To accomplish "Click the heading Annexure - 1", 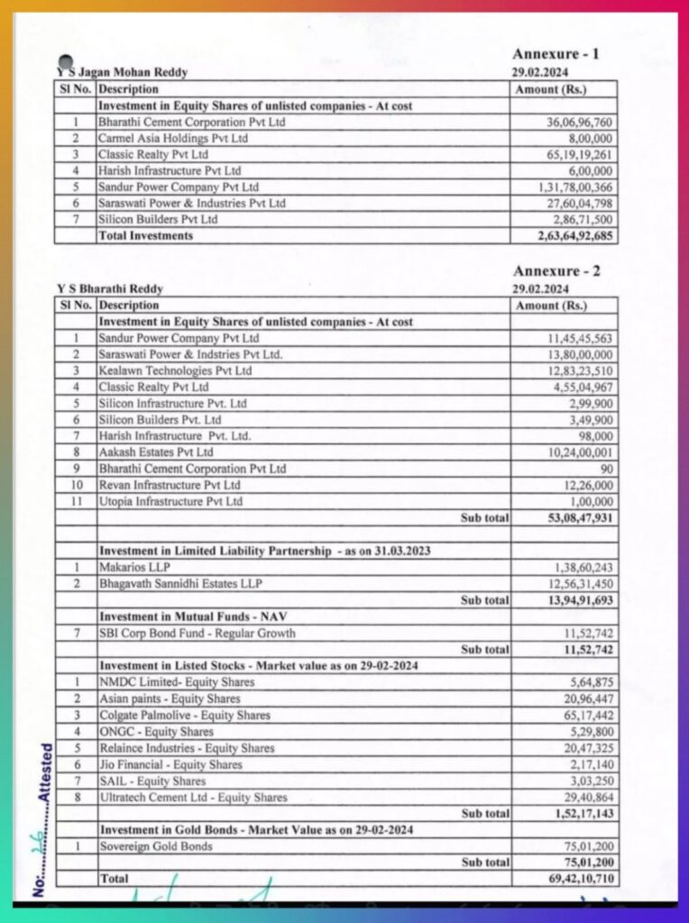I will tap(556, 54).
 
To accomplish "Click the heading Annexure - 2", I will tap(556, 271).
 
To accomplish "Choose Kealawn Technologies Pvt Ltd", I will tap(175, 370).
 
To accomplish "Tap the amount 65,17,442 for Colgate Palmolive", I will tap(589, 716).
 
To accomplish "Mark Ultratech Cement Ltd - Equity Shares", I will tap(193, 798).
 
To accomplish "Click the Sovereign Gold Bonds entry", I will tap(156, 846).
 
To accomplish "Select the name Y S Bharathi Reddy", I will tap(110, 289).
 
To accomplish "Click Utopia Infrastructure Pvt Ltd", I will tap(170, 502).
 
